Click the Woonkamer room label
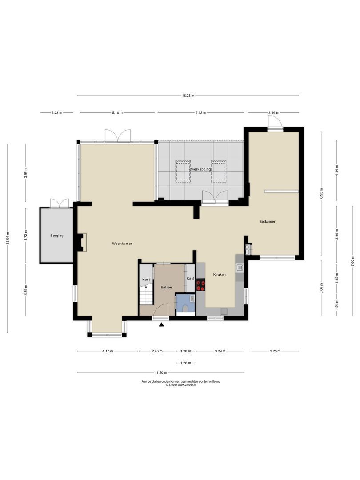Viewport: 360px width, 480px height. pyautogui.click(x=122, y=244)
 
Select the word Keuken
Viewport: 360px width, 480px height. pyautogui.click(x=219, y=274)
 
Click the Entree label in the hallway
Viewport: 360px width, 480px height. pyautogui.click(x=166, y=287)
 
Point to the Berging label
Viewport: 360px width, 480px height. pyautogui.click(x=57, y=236)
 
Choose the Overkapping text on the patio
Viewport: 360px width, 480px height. pyautogui.click(x=200, y=169)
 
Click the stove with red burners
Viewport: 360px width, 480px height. pyautogui.click(x=201, y=284)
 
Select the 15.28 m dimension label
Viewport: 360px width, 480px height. pyautogui.click(x=188, y=95)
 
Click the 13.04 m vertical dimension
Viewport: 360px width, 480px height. pyautogui.click(x=8, y=238)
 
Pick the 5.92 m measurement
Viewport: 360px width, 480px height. pyautogui.click(x=201, y=113)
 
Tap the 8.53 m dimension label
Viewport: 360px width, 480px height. pyautogui.click(x=321, y=194)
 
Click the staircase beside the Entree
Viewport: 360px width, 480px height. pyautogui.click(x=146, y=294)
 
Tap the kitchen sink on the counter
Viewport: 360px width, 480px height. pyautogui.click(x=240, y=268)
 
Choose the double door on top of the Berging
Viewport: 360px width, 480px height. pyautogui.click(x=59, y=203)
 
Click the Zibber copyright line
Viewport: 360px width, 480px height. pyautogui.click(x=181, y=385)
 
